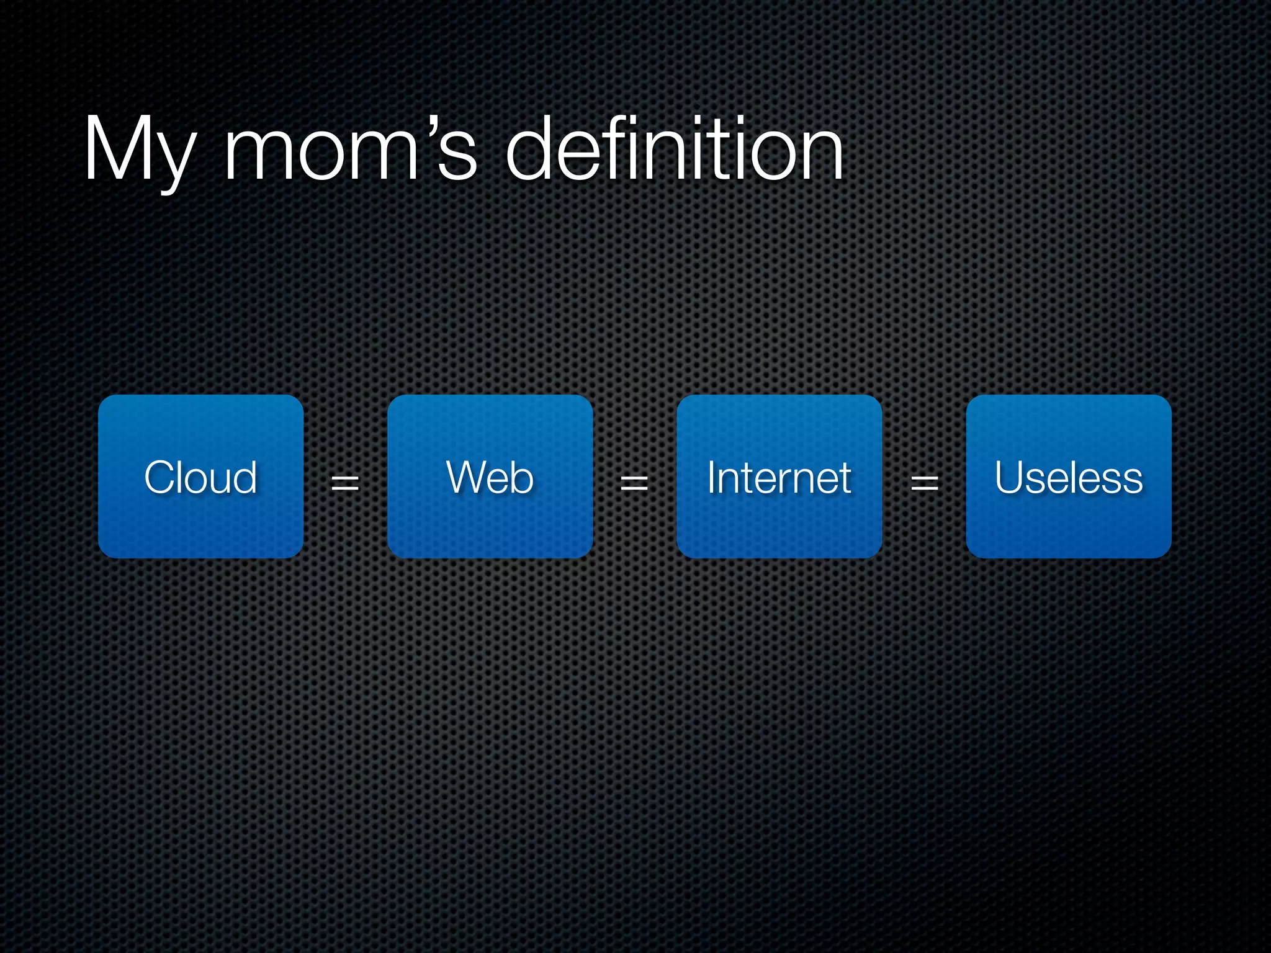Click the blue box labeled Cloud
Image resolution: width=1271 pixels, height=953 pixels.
point(200,476)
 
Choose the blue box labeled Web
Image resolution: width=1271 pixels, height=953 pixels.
point(490,476)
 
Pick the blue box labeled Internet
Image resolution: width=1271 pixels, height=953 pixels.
point(779,476)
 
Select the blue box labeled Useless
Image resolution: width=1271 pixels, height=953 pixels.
point(1068,476)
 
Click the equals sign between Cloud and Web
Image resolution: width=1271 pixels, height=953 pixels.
point(345,482)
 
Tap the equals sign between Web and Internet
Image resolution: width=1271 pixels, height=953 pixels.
point(634,482)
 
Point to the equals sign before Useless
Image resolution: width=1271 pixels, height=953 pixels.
point(924,482)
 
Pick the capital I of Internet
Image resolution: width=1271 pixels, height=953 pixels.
point(712,477)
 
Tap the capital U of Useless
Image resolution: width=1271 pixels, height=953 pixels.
point(1011,478)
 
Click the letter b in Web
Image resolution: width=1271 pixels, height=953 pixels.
point(522,478)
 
